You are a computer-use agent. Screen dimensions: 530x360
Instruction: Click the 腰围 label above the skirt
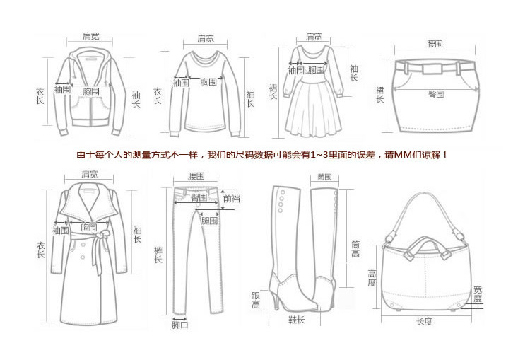tap(435, 44)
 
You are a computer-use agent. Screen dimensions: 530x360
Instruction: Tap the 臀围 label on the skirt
tap(436, 93)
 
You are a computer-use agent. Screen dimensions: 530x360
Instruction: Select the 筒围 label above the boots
tap(325, 176)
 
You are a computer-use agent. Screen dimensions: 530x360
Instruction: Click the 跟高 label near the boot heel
tap(255, 299)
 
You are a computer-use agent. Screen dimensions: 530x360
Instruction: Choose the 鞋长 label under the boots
tap(297, 320)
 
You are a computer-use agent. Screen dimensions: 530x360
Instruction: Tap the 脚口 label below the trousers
tap(180, 325)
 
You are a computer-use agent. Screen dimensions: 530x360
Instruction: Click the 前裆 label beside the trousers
tap(231, 199)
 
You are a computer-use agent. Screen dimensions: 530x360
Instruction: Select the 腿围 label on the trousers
tap(209, 221)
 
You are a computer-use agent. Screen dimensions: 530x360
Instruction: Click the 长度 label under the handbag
tap(424, 321)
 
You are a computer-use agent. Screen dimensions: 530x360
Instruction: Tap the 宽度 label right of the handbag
tap(478, 294)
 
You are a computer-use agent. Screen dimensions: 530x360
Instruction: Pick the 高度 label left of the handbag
tap(371, 278)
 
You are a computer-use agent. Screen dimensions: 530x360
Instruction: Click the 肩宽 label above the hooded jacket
tap(90, 35)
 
